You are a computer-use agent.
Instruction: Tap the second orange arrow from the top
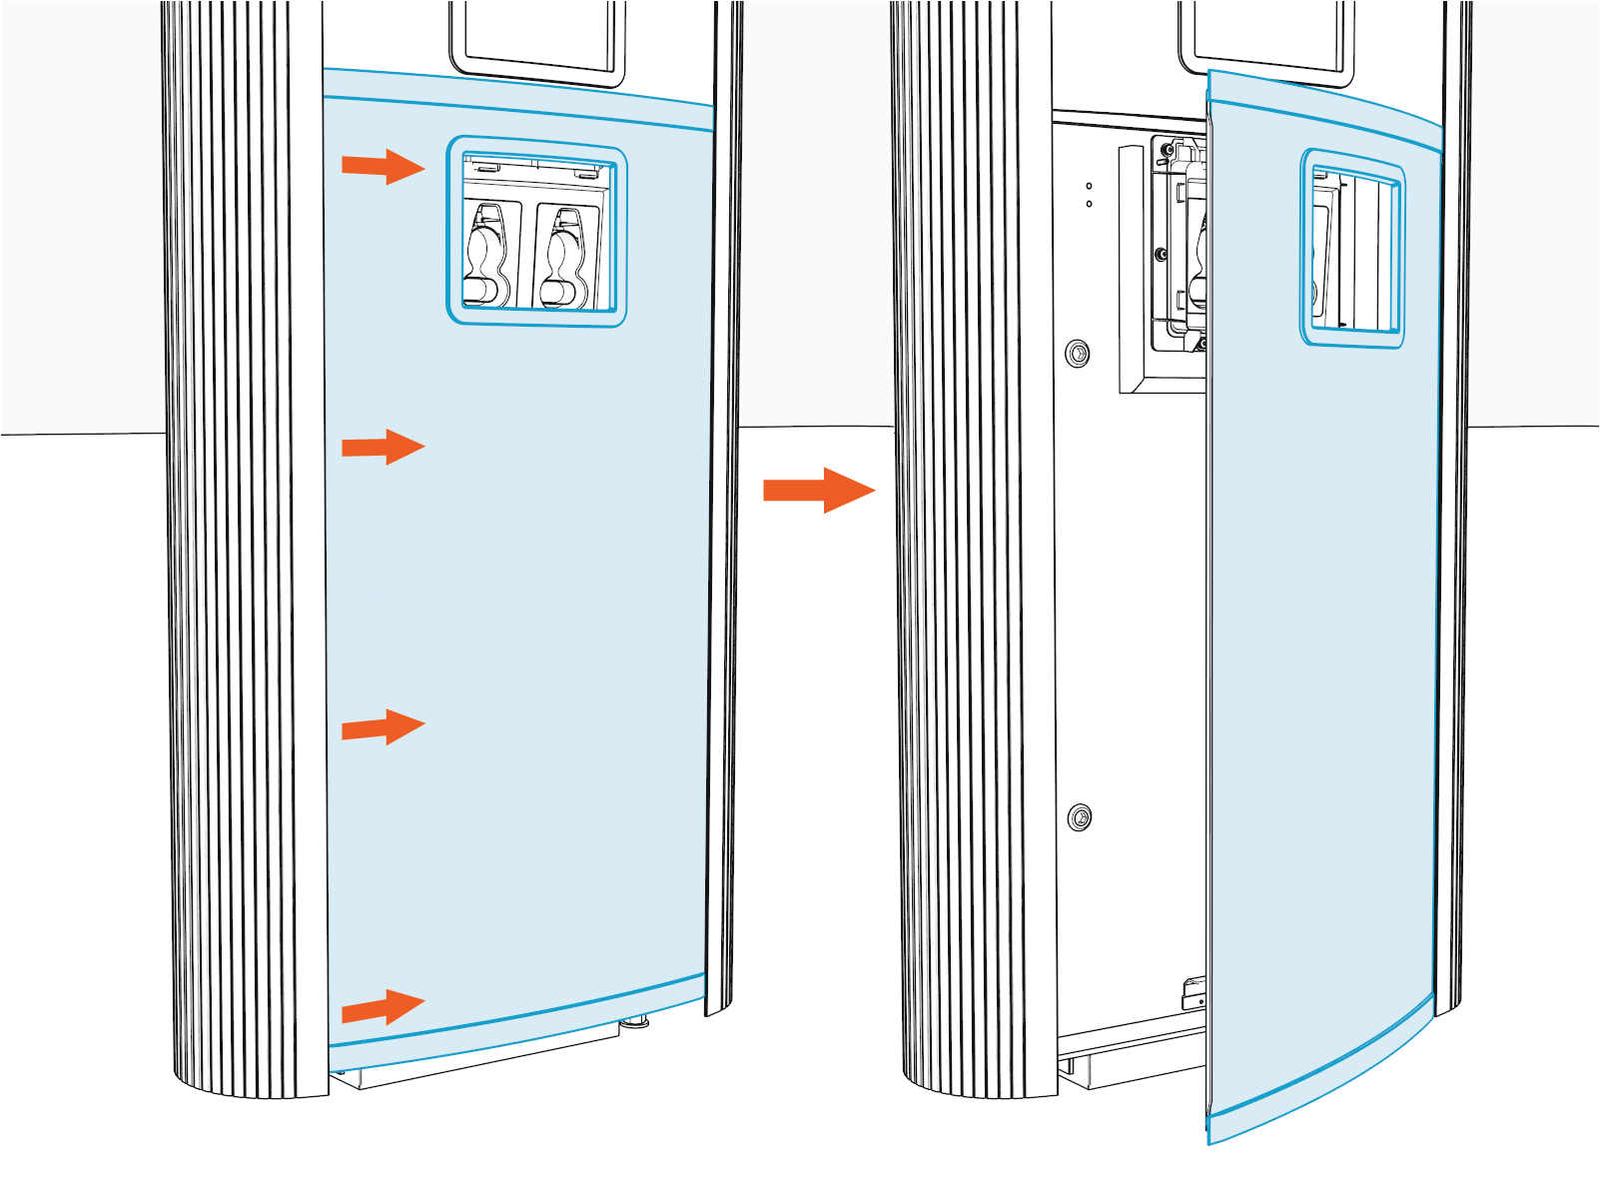[383, 447]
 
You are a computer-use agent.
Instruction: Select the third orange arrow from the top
[383, 727]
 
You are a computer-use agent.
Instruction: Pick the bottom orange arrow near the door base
[383, 1007]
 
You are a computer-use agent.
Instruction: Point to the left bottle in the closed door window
[487, 255]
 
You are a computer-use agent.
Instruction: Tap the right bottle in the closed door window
[565, 257]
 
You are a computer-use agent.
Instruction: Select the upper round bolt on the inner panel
[1078, 353]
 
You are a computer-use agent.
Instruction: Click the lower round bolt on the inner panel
[1079, 817]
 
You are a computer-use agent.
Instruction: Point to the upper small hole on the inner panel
[1089, 186]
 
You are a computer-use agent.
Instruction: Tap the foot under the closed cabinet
[634, 1022]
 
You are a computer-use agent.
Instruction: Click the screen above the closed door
[537, 35]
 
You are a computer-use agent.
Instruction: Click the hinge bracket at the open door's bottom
[1195, 994]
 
